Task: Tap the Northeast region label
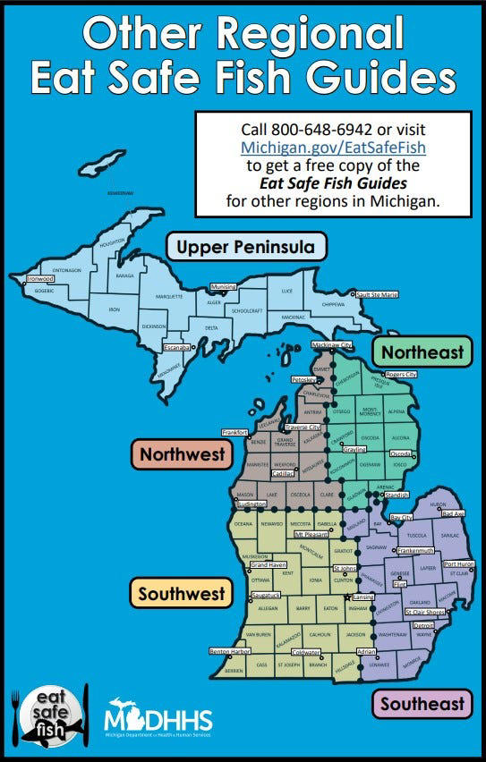[x=423, y=351]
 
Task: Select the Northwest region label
[x=181, y=454]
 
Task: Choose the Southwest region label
[x=181, y=592]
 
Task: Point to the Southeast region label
[x=422, y=703]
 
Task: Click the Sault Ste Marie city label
[x=377, y=294]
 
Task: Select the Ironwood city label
[x=40, y=279]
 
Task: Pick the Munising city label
[x=223, y=287]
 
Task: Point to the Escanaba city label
[x=176, y=346]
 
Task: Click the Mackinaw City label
[x=332, y=345]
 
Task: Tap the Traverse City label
[x=303, y=428]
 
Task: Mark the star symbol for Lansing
[x=347, y=597]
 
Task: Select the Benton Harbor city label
[x=230, y=651]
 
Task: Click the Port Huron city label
[x=459, y=564]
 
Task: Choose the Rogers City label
[x=401, y=375]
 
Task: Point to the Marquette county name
[x=169, y=295]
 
